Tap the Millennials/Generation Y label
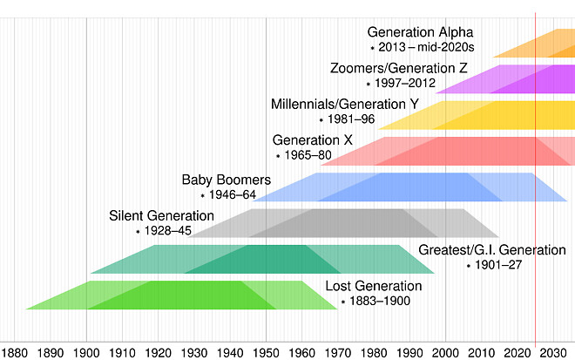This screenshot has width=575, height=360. pyautogui.click(x=345, y=104)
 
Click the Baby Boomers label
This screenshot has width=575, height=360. pyautogui.click(x=226, y=180)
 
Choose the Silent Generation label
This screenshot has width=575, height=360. pyautogui.click(x=161, y=215)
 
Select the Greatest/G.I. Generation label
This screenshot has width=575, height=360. pyautogui.click(x=492, y=250)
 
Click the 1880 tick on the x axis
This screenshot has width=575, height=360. pyautogui.click(x=15, y=352)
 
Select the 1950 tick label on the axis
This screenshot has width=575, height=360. pyautogui.click(x=266, y=352)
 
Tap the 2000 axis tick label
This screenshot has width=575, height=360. pyautogui.click(x=445, y=352)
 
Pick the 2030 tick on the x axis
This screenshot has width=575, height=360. pyautogui.click(x=553, y=352)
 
